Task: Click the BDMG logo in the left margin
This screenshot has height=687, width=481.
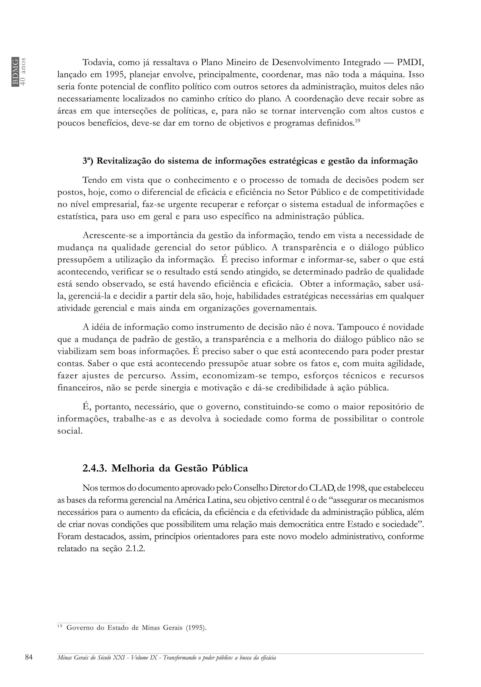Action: pyautogui.click(x=15, y=72)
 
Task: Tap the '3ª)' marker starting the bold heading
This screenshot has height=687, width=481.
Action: pyautogui.click(x=88, y=161)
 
